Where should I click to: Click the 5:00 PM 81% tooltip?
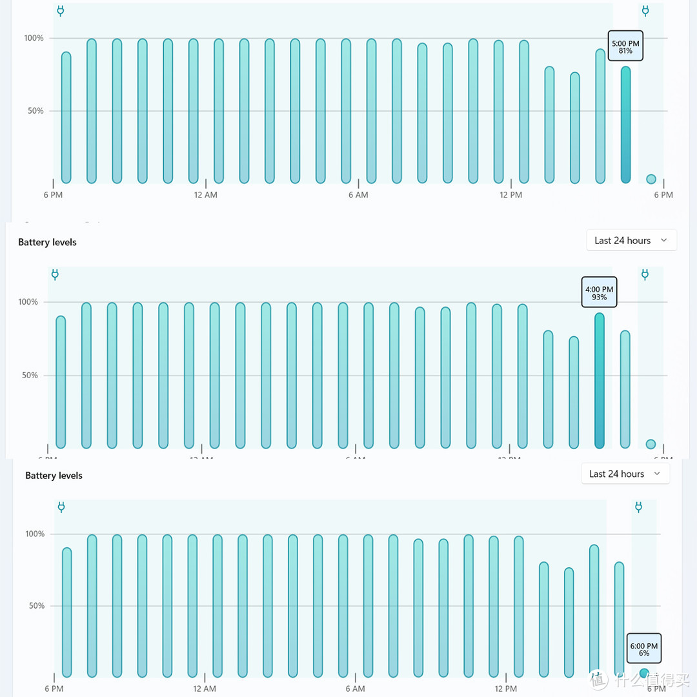tap(625, 46)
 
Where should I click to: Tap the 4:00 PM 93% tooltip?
tap(599, 293)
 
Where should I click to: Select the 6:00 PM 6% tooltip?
tap(643, 649)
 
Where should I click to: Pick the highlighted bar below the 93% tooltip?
tap(600, 381)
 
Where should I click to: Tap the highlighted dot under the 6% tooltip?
tap(643, 673)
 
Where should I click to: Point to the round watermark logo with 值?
tap(599, 679)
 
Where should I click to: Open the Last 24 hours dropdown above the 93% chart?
tap(631, 241)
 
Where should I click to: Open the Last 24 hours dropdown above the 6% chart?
tap(625, 474)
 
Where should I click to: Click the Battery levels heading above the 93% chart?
tap(47, 242)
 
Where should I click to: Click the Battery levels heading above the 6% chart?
tap(54, 476)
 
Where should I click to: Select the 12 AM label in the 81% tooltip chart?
tap(205, 195)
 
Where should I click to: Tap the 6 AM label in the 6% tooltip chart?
tap(355, 689)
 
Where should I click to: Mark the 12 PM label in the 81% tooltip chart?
tap(510, 195)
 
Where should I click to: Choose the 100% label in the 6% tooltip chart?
tap(35, 534)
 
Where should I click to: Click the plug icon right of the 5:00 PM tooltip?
tap(645, 11)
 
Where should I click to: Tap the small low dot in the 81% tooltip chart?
tap(651, 179)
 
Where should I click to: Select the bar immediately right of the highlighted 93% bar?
tap(625, 389)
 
